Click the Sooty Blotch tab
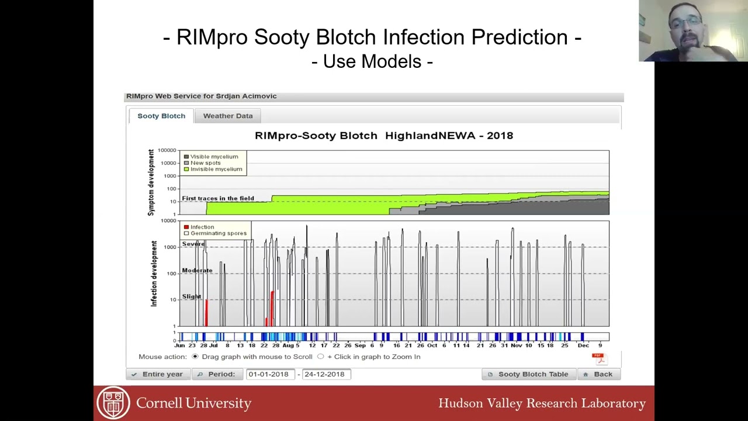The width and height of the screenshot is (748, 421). tap(161, 116)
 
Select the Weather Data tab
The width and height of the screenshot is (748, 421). tap(228, 116)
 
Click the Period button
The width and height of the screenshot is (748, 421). tap(217, 374)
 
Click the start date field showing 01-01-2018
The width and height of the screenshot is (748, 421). tap(269, 374)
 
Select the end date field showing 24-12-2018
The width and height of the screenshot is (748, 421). tap(325, 374)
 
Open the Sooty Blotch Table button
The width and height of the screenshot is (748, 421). tap(528, 374)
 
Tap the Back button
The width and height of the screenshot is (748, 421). tap(598, 374)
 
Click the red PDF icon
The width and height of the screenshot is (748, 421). tap(598, 358)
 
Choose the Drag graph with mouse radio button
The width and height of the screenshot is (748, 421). tap(195, 357)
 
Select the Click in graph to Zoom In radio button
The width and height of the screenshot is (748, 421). tap(320, 357)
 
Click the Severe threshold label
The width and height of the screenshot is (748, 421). tap(193, 244)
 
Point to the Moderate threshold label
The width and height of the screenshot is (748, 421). tap(197, 270)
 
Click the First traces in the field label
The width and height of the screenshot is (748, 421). tap(217, 198)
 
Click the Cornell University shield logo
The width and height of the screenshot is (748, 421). tap(113, 403)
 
